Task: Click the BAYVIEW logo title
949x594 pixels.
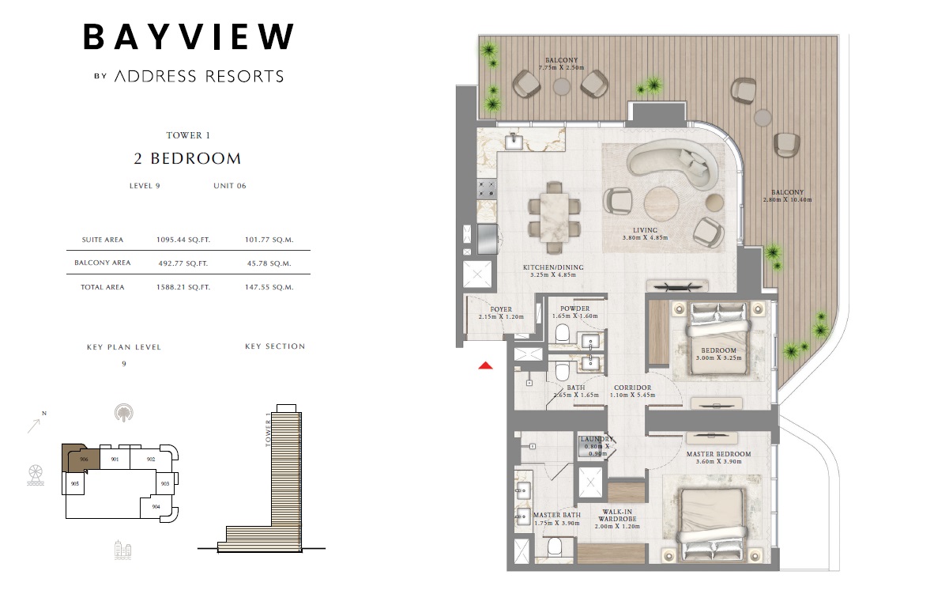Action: tap(189, 36)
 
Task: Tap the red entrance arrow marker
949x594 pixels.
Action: tap(486, 365)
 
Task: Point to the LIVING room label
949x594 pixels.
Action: tap(645, 230)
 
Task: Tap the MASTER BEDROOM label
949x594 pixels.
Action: tap(718, 454)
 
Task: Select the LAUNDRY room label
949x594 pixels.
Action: tap(597, 440)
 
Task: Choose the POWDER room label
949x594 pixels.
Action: tap(574, 309)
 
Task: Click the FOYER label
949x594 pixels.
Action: tap(501, 309)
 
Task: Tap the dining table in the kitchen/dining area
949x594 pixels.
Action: tap(555, 211)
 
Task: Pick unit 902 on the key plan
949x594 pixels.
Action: tap(150, 458)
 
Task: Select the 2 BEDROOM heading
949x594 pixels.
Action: tap(187, 158)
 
